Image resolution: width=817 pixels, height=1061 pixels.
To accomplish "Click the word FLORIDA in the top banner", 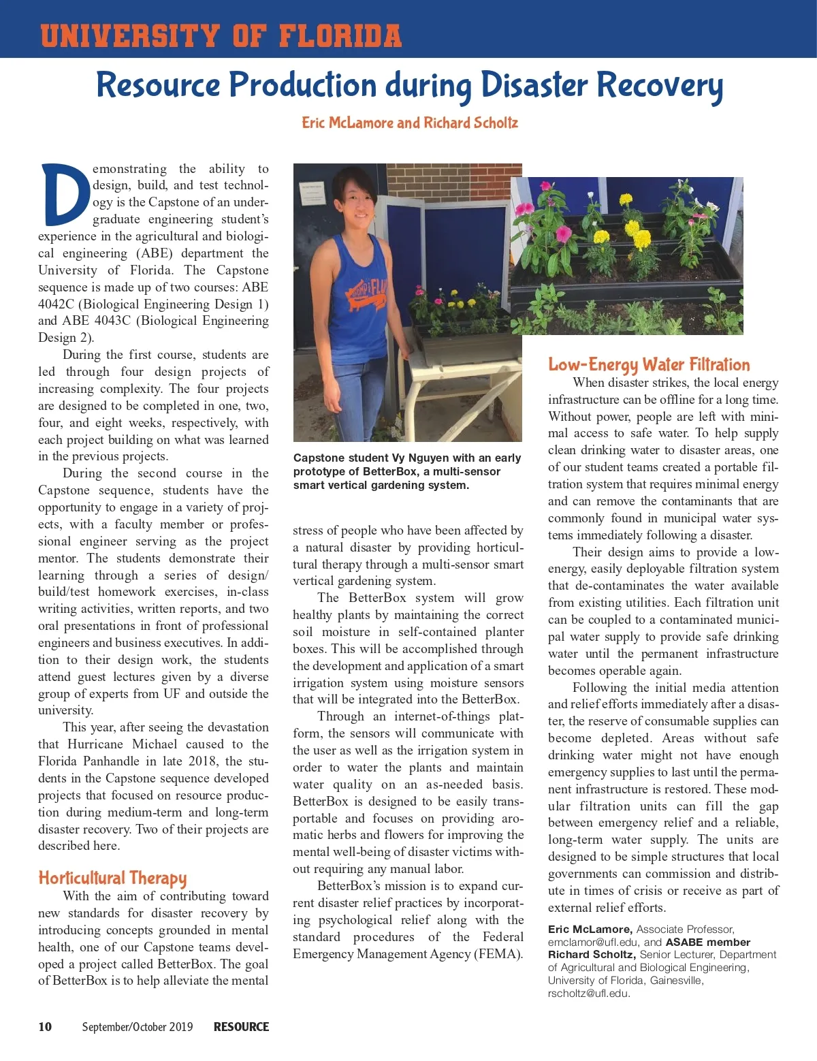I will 340,36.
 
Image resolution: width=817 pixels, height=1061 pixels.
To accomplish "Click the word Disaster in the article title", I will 534,86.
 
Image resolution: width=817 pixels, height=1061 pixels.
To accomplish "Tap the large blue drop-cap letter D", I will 65,195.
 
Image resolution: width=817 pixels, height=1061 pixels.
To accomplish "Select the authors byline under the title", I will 409,123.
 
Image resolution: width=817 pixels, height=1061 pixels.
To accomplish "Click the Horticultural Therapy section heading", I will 112,878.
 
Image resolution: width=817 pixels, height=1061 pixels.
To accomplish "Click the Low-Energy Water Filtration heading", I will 649,364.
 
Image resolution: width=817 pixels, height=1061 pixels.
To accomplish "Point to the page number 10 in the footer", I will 45,1027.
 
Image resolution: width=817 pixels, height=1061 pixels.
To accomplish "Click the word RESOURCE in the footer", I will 241,1027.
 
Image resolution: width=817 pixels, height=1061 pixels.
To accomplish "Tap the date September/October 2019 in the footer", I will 138,1027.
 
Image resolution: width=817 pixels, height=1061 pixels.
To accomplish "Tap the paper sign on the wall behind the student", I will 313,187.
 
